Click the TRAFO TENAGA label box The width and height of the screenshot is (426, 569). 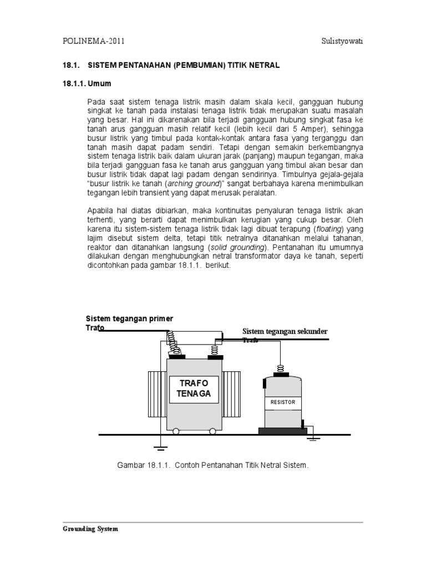tap(195, 388)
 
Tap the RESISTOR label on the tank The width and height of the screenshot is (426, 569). tap(283, 402)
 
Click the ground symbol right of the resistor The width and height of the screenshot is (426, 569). tap(314, 438)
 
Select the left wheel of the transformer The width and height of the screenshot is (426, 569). tap(175, 431)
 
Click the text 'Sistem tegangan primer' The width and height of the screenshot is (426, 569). tap(129, 318)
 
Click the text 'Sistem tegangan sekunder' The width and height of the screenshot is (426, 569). tap(285, 332)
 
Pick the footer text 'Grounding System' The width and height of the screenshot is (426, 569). tap(90, 529)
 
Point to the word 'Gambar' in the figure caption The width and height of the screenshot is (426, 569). tap(130, 464)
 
